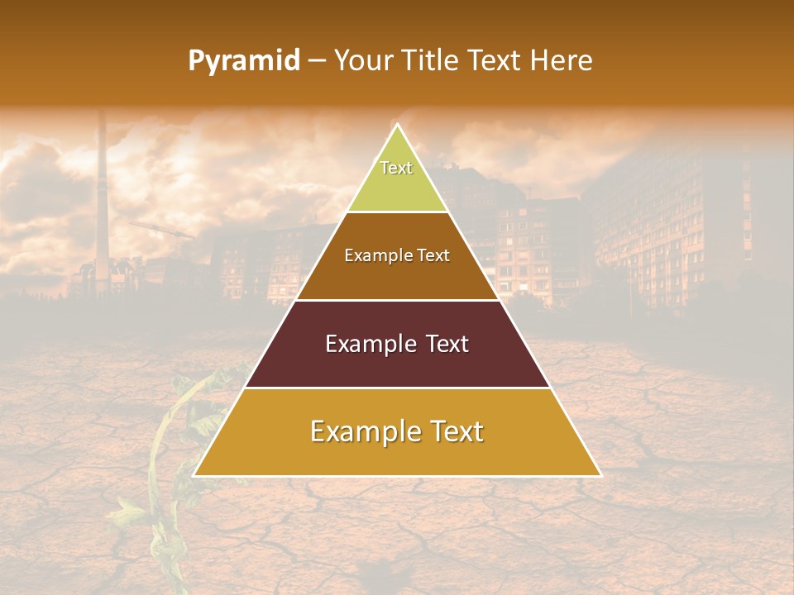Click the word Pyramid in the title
coord(243,61)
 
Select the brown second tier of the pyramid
coord(397,277)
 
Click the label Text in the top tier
coord(396,168)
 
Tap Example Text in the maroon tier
coord(397,344)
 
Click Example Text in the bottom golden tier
coord(397,431)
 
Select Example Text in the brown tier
coord(397,255)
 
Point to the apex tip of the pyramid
coord(397,126)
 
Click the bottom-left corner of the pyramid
coord(195,474)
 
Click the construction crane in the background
coord(161,230)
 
